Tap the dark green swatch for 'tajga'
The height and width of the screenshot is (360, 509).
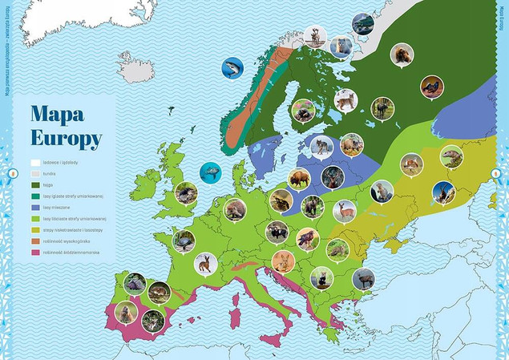pyautogui.click(x=35, y=184)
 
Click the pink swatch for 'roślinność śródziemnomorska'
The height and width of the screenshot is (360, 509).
pyautogui.click(x=35, y=252)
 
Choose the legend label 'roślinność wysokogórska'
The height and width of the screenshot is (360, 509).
pyautogui.click(x=71, y=241)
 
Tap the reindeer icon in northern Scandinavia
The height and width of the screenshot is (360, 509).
pyautogui.click(x=314, y=35)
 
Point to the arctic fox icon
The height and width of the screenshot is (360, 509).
pyautogui.click(x=340, y=47)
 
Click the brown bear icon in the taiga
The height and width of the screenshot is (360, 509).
pyautogui.click(x=401, y=55)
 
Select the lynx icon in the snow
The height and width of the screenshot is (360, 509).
pyautogui.click(x=346, y=100)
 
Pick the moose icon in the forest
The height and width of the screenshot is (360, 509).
pyautogui.click(x=382, y=107)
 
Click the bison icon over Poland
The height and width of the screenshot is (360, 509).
pyautogui.click(x=298, y=179)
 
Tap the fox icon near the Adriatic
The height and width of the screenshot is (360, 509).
pyautogui.click(x=283, y=261)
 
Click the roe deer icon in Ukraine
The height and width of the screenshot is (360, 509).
pyautogui.click(x=345, y=211)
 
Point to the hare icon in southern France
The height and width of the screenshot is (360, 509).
pyautogui.click(x=205, y=263)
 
